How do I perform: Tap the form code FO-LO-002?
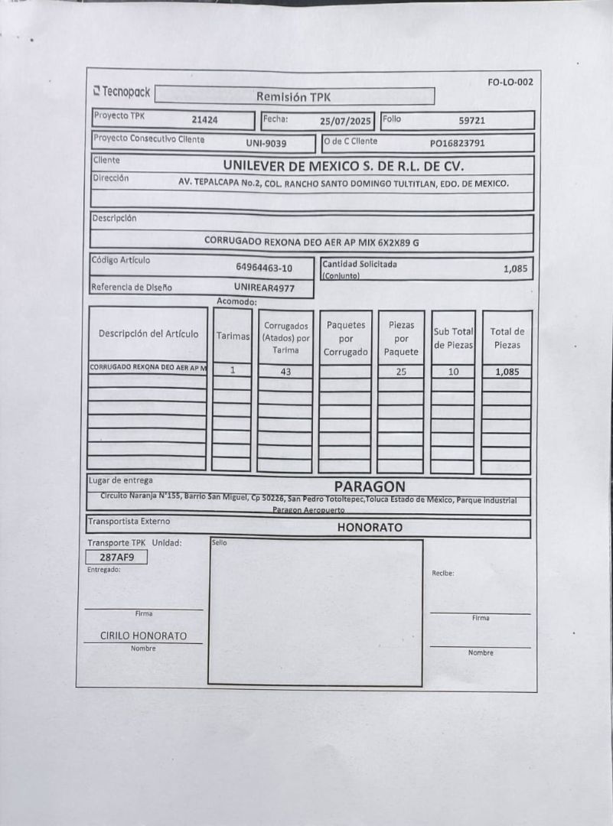click(x=510, y=83)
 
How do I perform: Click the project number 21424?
click(x=204, y=119)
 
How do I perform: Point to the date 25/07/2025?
click(x=346, y=121)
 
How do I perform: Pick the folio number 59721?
click(x=471, y=120)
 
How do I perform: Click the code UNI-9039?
click(x=266, y=143)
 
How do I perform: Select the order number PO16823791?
click(x=457, y=142)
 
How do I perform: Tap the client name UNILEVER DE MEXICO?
click(x=344, y=165)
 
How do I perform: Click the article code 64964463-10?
click(x=264, y=268)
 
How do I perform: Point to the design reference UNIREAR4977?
click(x=263, y=288)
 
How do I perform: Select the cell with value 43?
click(x=285, y=372)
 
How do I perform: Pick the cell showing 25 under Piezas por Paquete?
click(x=401, y=372)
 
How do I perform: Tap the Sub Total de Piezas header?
click(x=453, y=338)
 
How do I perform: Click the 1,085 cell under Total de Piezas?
click(x=507, y=372)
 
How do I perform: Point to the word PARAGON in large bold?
click(x=370, y=486)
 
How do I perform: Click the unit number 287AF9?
click(x=116, y=557)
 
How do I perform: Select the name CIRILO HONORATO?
click(x=143, y=636)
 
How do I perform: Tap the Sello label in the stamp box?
click(x=219, y=542)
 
